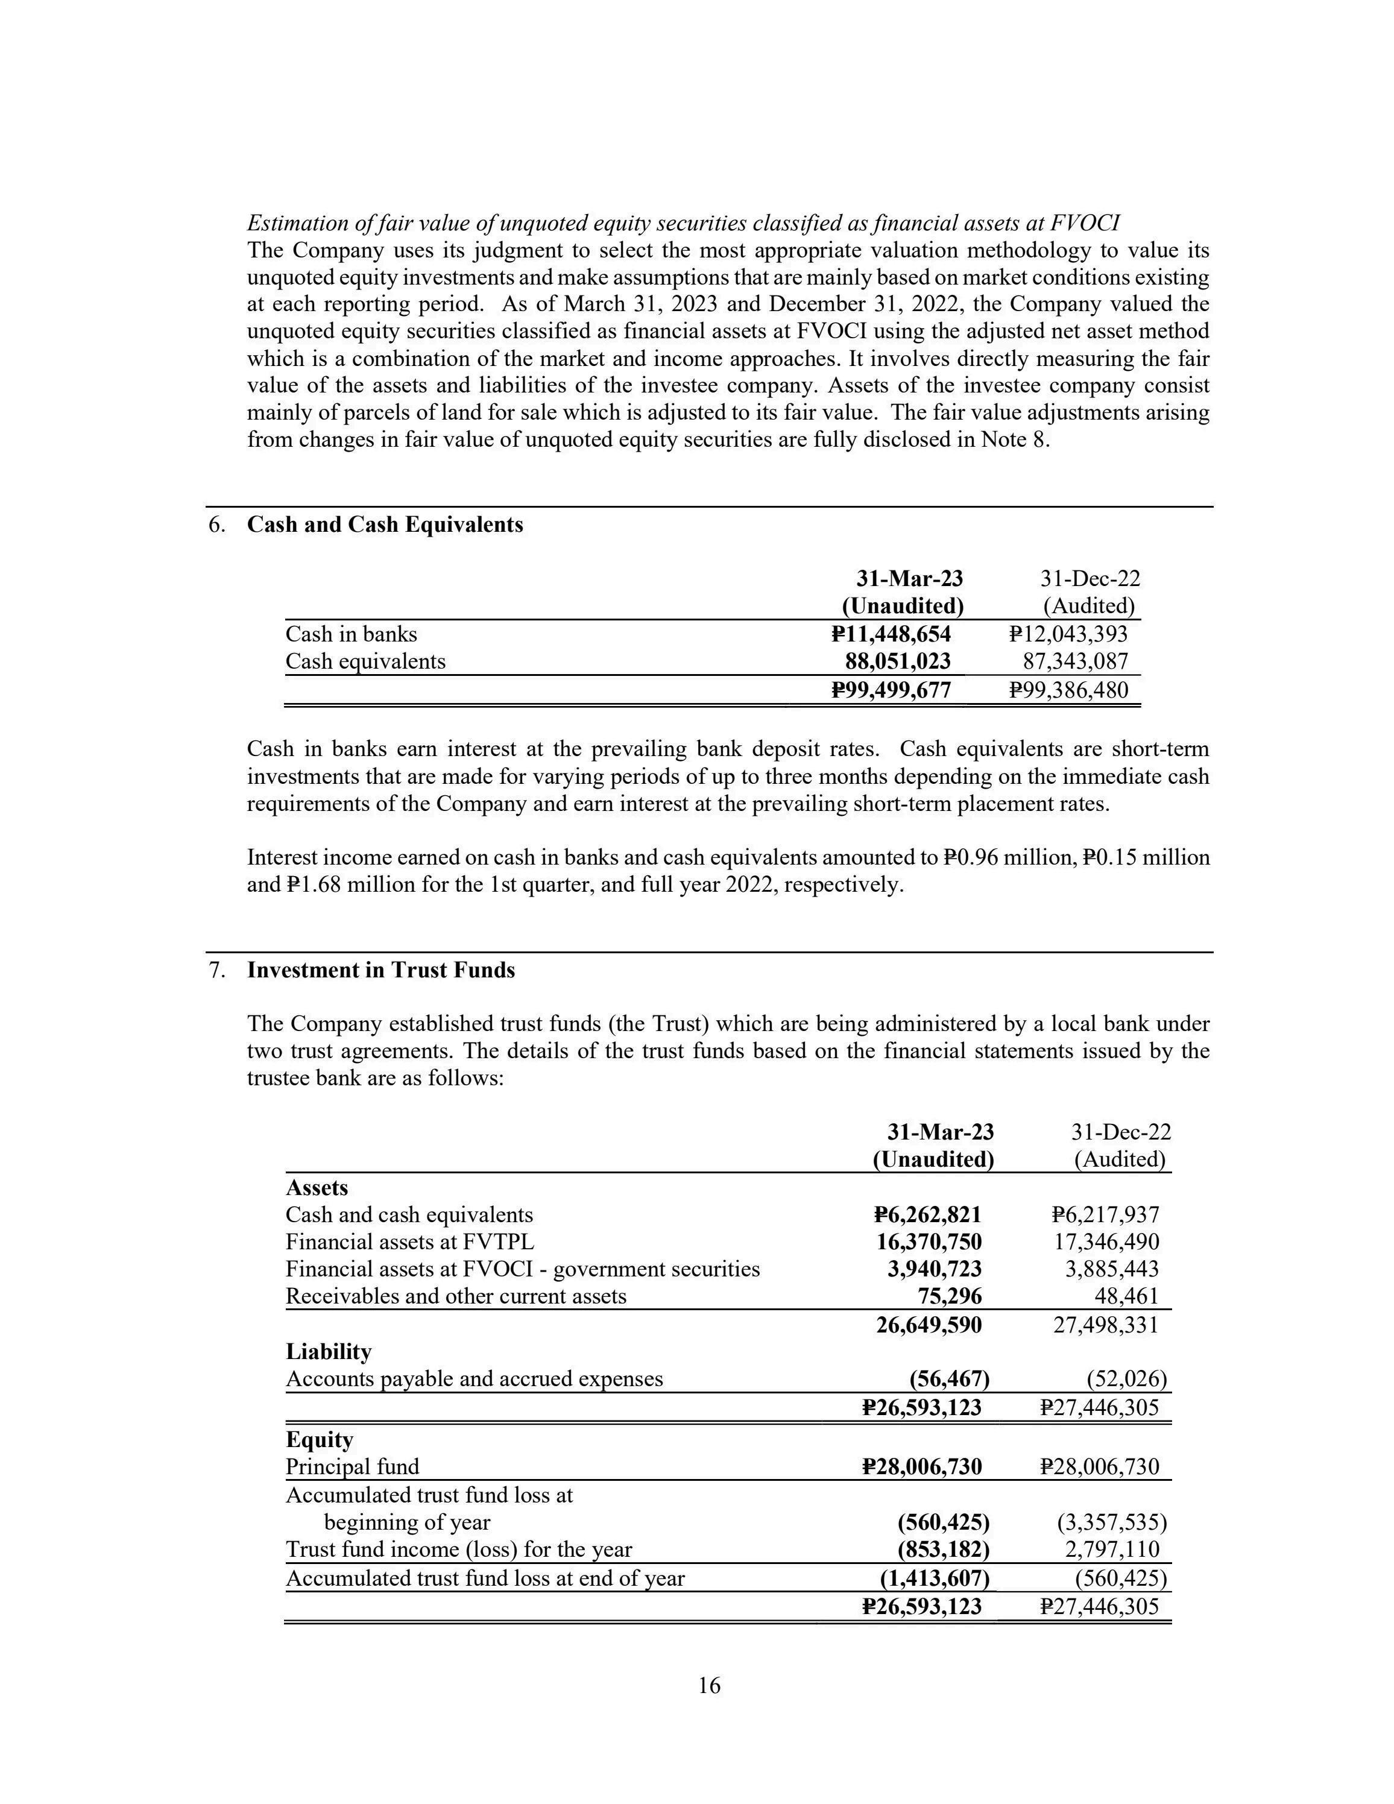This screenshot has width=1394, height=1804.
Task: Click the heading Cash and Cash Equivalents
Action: (x=385, y=525)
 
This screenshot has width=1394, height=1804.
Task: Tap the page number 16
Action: (x=710, y=1686)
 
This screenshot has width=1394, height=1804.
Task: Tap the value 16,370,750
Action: (x=929, y=1241)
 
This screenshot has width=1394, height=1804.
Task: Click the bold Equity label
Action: (x=320, y=1440)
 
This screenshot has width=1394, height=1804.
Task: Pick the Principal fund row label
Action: (x=353, y=1467)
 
